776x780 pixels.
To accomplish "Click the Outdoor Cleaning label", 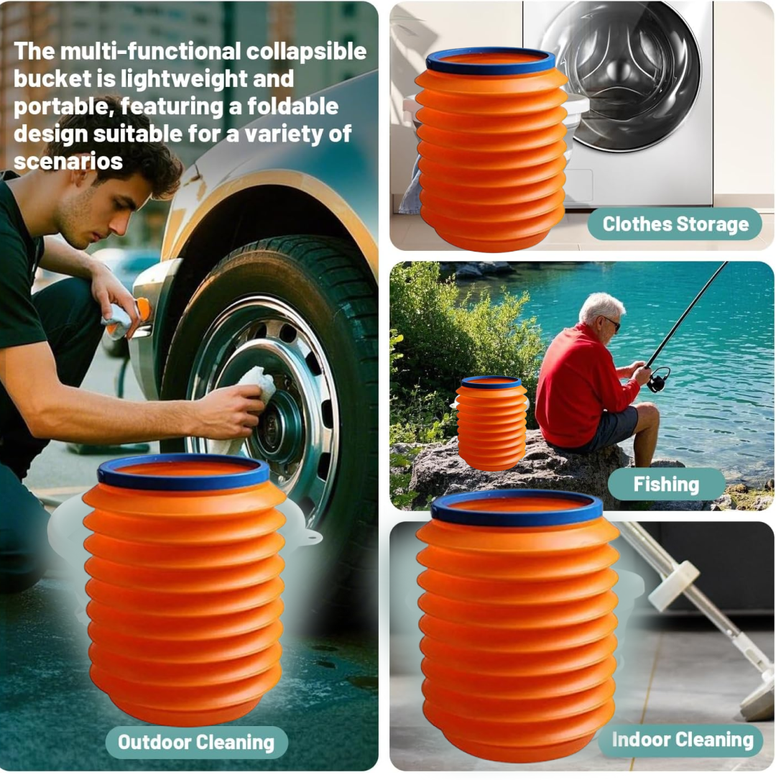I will click(x=196, y=742).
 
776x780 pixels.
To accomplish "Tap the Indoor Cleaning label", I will click(x=683, y=739).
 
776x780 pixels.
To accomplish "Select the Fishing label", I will click(x=666, y=484).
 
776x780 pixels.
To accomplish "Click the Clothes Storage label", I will click(x=675, y=224).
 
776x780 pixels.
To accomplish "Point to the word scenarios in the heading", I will click(x=69, y=160).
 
